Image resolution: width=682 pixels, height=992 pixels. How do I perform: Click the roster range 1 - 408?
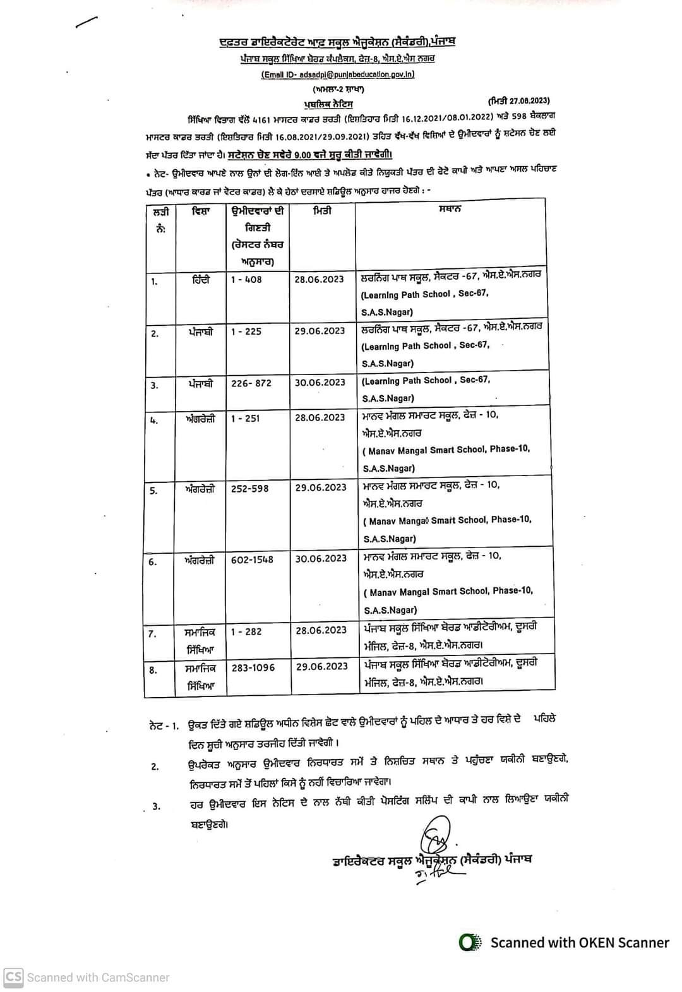point(246,279)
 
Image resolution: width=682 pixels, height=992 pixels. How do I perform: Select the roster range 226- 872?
point(251,383)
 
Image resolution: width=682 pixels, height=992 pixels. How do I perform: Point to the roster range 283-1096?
point(253,667)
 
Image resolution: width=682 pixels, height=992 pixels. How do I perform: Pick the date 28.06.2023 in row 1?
point(320,279)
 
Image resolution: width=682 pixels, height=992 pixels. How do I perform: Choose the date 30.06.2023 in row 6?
point(321,558)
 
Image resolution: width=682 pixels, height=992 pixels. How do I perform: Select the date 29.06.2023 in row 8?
point(321,666)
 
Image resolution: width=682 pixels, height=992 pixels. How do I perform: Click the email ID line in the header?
point(338,74)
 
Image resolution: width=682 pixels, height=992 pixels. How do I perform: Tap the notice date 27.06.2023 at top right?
point(518,100)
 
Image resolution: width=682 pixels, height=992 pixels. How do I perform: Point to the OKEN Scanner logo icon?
point(468,942)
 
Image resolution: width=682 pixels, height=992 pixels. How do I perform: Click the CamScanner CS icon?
point(14,977)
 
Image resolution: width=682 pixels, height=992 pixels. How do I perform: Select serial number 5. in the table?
point(153,490)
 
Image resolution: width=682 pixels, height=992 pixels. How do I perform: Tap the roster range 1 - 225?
point(246,331)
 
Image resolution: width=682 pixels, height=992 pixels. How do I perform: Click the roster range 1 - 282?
point(246,631)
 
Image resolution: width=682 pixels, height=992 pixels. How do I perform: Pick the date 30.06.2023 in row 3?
point(320,382)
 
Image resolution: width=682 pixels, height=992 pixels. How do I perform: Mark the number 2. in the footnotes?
point(155,767)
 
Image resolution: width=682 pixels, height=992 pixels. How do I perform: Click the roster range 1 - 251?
point(246,418)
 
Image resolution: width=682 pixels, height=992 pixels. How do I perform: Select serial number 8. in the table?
point(153,670)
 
